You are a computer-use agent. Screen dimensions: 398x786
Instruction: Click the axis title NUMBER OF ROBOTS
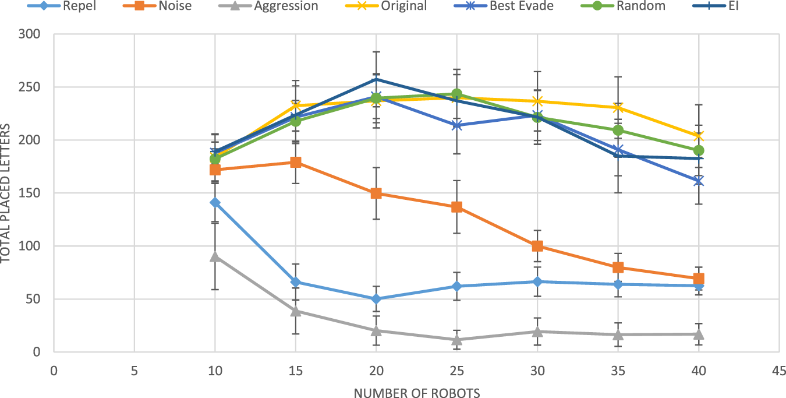416,393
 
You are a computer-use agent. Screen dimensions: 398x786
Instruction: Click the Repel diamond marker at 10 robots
215,203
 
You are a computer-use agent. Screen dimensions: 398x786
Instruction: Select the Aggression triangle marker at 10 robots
215,256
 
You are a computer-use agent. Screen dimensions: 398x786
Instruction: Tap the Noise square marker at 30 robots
537,246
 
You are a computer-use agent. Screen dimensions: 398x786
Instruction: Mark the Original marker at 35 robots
618,108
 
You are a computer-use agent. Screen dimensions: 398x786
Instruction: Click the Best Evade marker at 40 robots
699,181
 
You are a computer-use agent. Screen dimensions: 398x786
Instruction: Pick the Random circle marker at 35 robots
618,130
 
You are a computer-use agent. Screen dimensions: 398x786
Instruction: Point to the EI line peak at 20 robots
376,79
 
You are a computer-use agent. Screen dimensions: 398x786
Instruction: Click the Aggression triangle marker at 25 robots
457,339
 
